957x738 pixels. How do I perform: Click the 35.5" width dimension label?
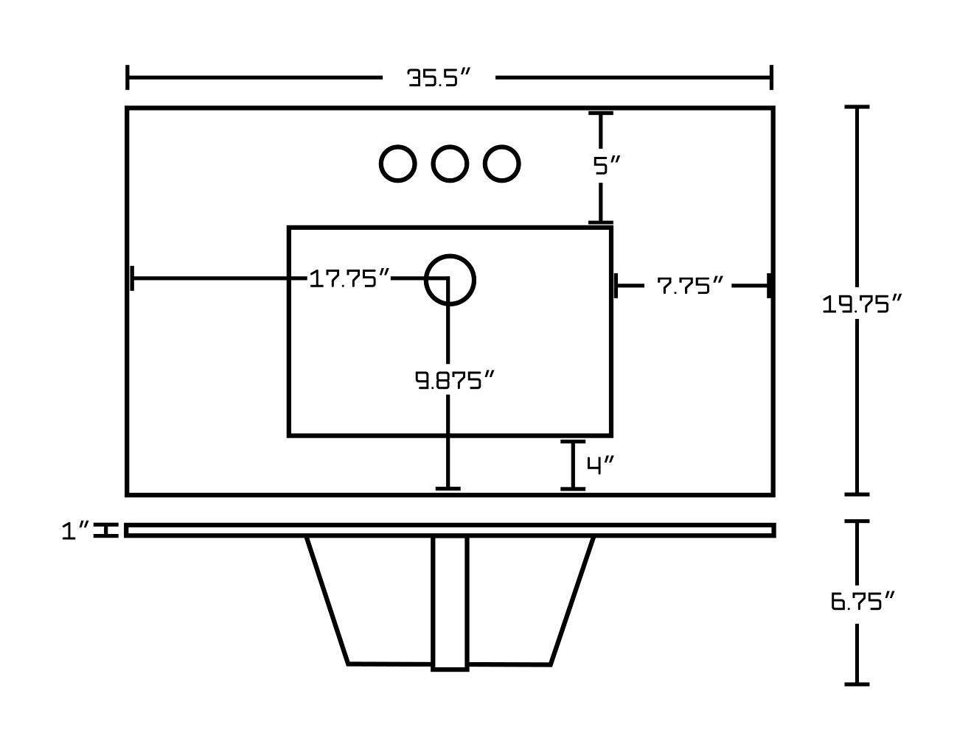[439, 77]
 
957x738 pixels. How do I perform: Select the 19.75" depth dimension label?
[862, 303]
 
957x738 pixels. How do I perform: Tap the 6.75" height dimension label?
[862, 602]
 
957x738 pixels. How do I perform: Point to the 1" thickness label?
[75, 530]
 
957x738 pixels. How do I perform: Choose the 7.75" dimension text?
[689, 286]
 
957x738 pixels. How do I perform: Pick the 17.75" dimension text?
[349, 278]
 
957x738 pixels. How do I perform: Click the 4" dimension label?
[600, 465]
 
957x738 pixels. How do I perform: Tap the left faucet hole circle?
[397, 164]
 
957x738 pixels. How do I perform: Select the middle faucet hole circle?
[449, 164]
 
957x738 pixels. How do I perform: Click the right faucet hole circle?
[501, 164]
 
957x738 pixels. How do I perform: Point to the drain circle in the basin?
[450, 280]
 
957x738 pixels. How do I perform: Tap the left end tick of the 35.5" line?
[128, 77]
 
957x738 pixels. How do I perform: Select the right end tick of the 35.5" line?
[771, 77]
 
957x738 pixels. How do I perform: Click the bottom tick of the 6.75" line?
[856, 684]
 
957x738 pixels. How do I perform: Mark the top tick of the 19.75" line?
[856, 107]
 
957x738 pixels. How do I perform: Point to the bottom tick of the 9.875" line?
[448, 488]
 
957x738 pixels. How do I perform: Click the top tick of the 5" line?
[600, 113]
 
